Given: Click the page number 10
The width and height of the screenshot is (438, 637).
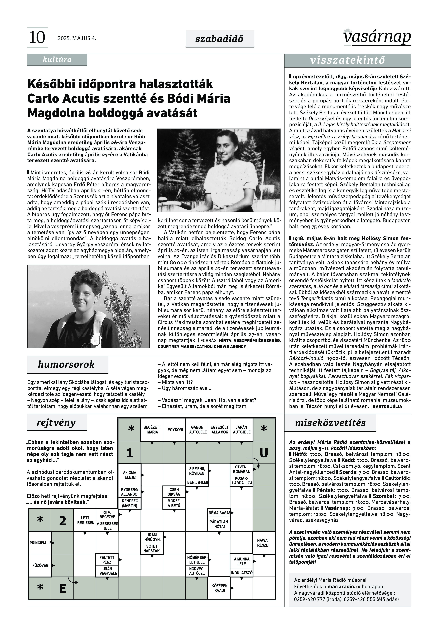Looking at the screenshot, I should point(37,38).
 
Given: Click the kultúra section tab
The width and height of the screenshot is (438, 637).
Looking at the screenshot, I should point(57,60).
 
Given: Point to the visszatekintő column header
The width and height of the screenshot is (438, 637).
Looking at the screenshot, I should point(347,60).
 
